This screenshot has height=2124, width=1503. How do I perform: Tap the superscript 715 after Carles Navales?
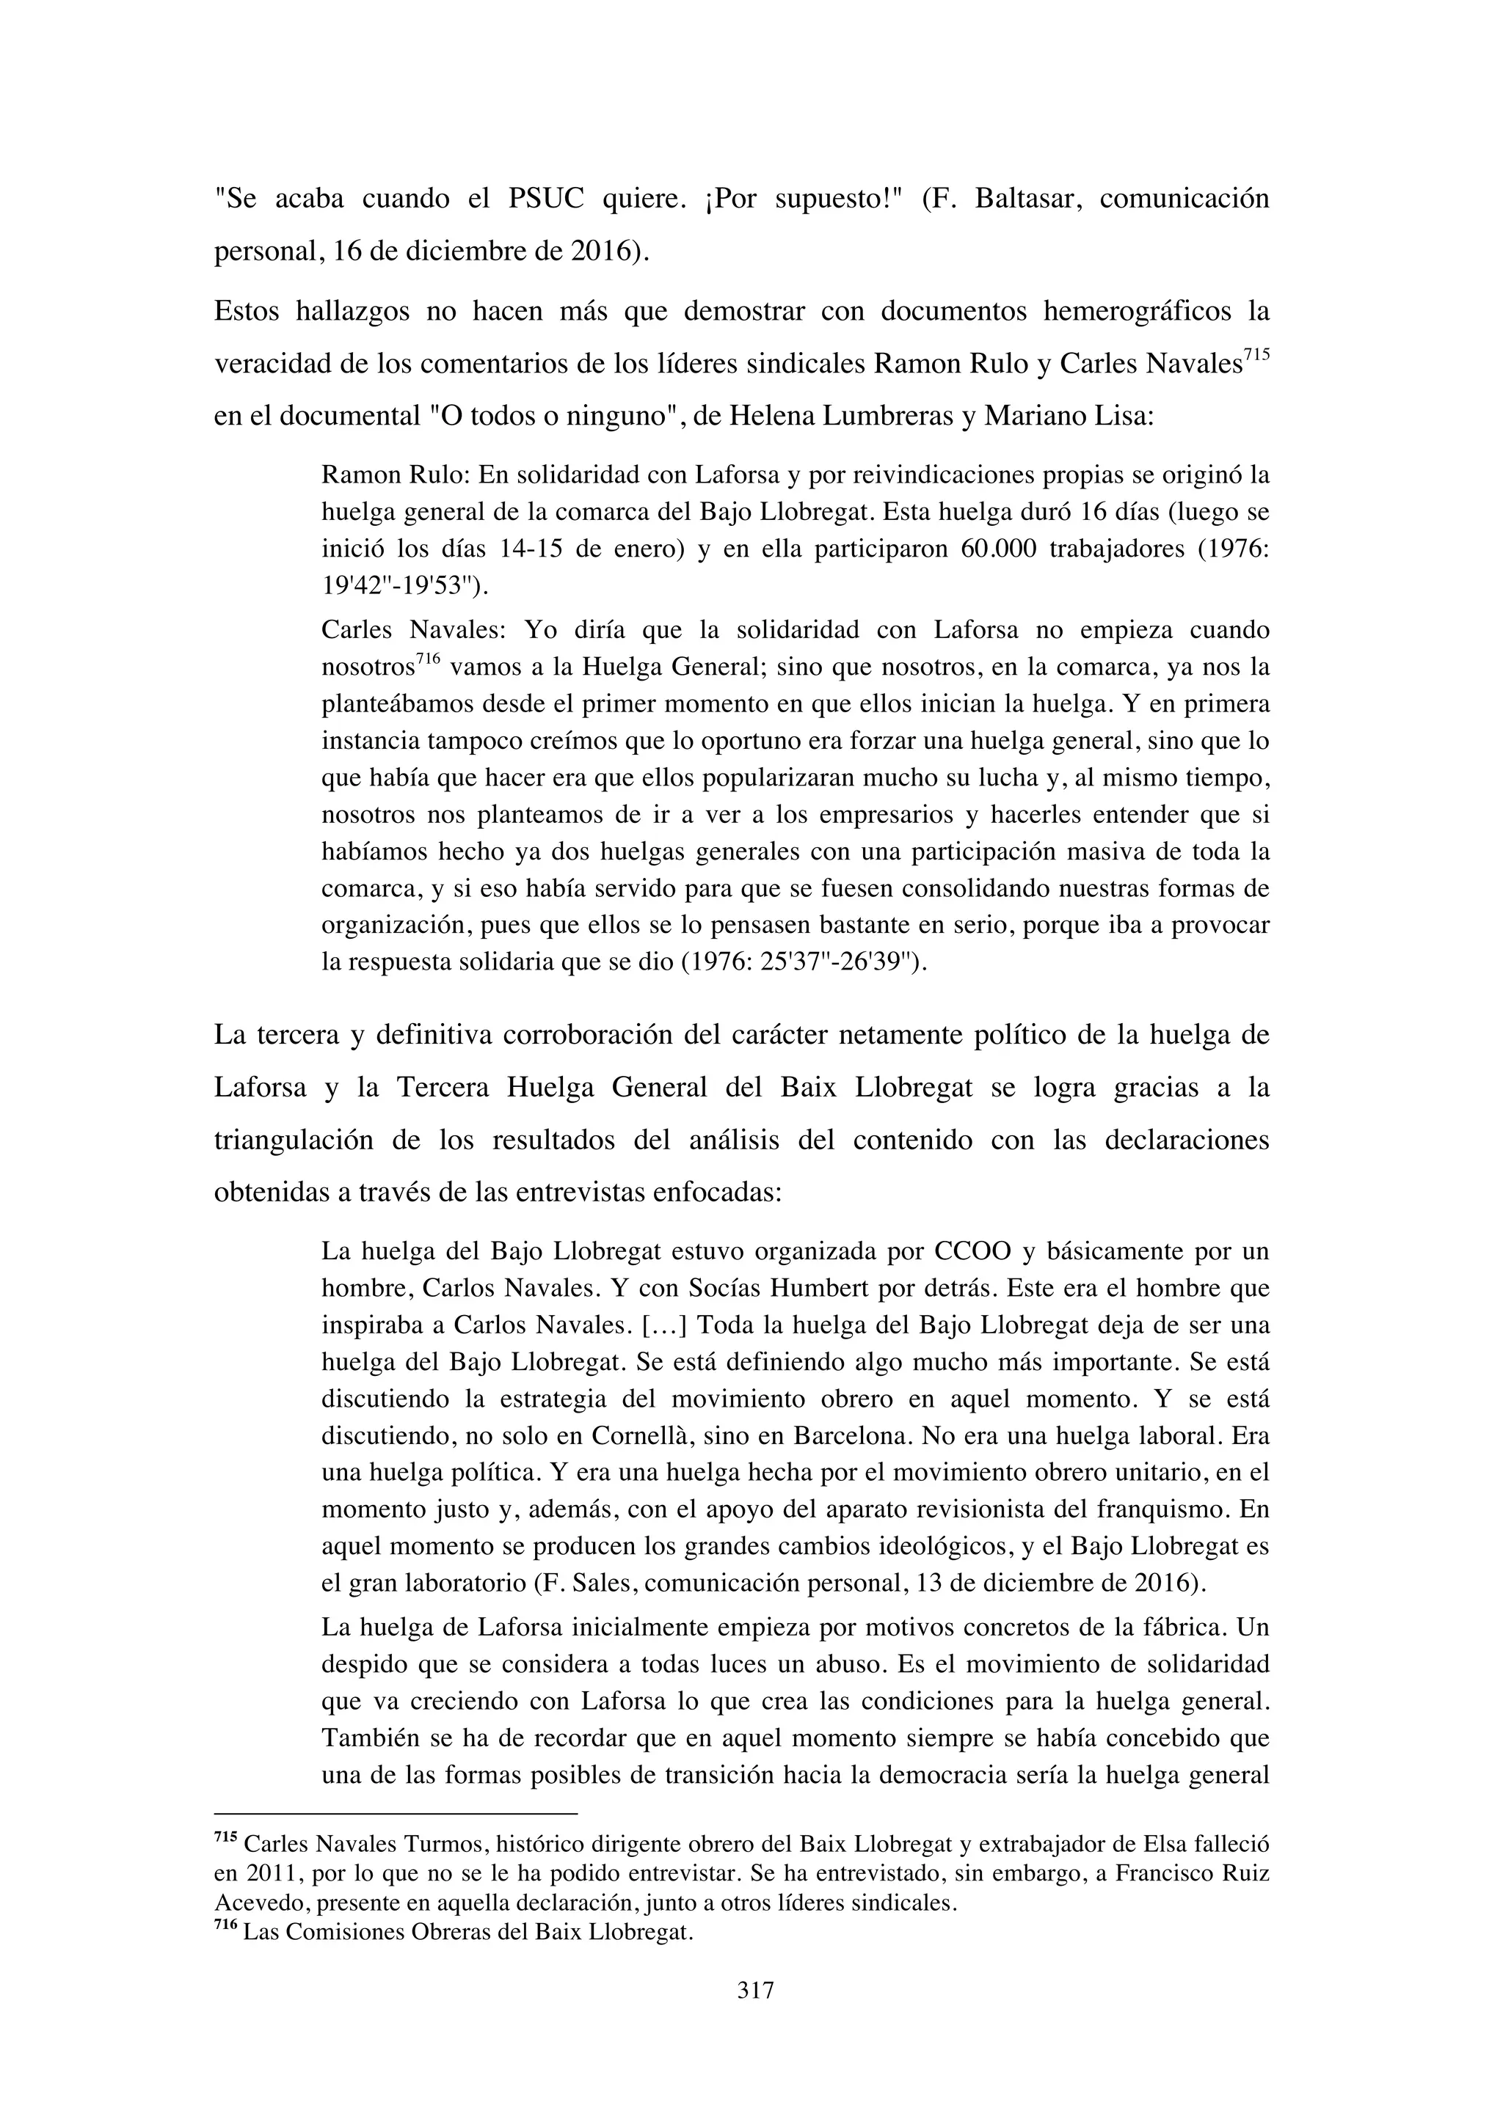click(1256, 355)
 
